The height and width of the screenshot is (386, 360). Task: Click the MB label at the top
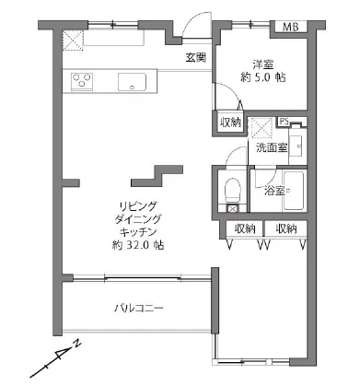tap(290, 27)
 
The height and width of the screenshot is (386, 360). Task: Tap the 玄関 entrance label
tap(196, 57)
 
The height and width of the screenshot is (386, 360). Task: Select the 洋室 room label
tap(263, 64)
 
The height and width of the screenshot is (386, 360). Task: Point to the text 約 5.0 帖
tap(263, 77)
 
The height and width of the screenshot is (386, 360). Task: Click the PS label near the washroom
tap(284, 122)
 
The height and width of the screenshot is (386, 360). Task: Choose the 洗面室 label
tap(272, 147)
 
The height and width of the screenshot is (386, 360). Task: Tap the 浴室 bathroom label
tap(274, 191)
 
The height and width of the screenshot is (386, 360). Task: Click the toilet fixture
tap(232, 191)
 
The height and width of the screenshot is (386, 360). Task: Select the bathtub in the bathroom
tap(294, 191)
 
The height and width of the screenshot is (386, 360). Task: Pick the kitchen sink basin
tap(132, 82)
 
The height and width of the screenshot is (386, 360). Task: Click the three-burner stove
tap(82, 81)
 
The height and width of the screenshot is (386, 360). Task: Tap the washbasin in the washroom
tap(297, 145)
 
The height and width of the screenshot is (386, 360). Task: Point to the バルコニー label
tap(139, 308)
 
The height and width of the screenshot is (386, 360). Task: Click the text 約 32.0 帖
tap(138, 245)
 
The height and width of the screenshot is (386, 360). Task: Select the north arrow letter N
tap(77, 344)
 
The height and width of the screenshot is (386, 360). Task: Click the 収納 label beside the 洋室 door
tap(230, 123)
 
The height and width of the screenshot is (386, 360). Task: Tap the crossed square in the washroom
tap(261, 128)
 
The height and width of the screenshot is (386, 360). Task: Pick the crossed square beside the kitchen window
tap(73, 41)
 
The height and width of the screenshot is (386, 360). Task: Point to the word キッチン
tap(138, 232)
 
